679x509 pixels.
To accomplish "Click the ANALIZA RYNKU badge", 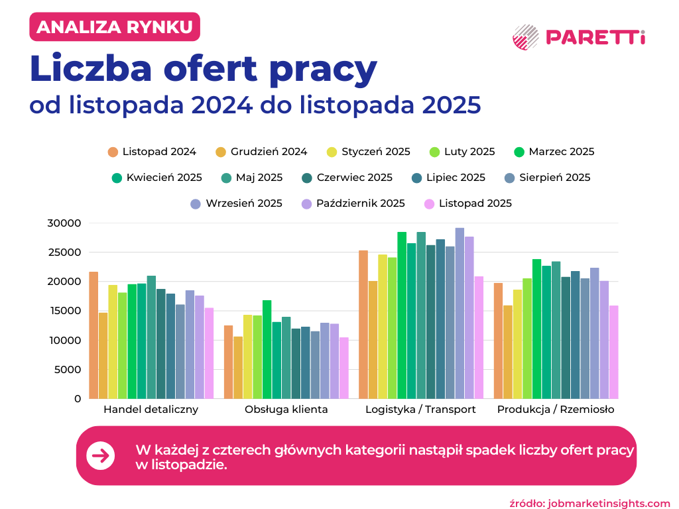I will tap(114, 27).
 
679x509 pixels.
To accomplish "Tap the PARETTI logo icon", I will tap(526, 37).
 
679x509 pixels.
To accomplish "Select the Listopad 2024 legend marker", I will tap(113, 152).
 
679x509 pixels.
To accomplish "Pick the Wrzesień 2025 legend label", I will tap(244, 203).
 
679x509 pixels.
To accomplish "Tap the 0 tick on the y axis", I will tap(77, 398).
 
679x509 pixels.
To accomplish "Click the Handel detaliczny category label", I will tap(151, 410).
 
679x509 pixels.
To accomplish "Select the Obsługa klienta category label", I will tap(286, 410).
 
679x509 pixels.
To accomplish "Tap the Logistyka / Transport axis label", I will tap(420, 410).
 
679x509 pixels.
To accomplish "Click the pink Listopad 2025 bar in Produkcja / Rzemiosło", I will tap(614, 352).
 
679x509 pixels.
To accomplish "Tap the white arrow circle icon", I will tap(101, 456).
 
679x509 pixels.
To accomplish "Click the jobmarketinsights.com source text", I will tap(609, 503).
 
